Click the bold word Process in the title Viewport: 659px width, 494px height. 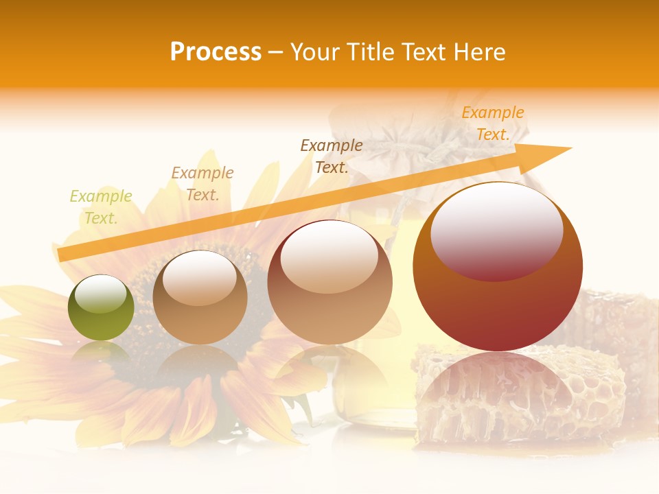pyautogui.click(x=216, y=52)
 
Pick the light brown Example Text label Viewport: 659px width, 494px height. pyautogui.click(x=203, y=184)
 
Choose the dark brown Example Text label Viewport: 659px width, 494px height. pyautogui.click(x=332, y=156)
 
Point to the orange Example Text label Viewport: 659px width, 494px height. pyautogui.click(x=493, y=123)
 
